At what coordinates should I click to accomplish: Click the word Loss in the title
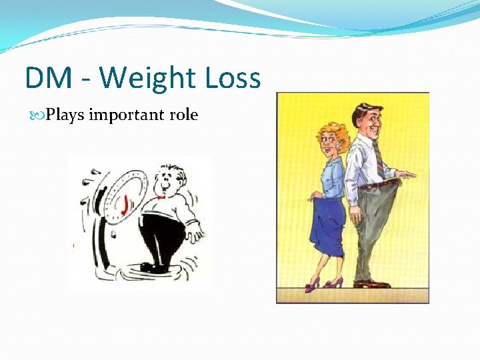point(231,79)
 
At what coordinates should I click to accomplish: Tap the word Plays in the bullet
point(66,115)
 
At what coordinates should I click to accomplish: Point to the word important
point(127,115)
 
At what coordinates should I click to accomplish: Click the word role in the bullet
point(183,115)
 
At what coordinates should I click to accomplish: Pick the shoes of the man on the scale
point(155,267)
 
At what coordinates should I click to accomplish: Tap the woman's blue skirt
point(325,223)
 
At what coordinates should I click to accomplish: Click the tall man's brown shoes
point(371,284)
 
